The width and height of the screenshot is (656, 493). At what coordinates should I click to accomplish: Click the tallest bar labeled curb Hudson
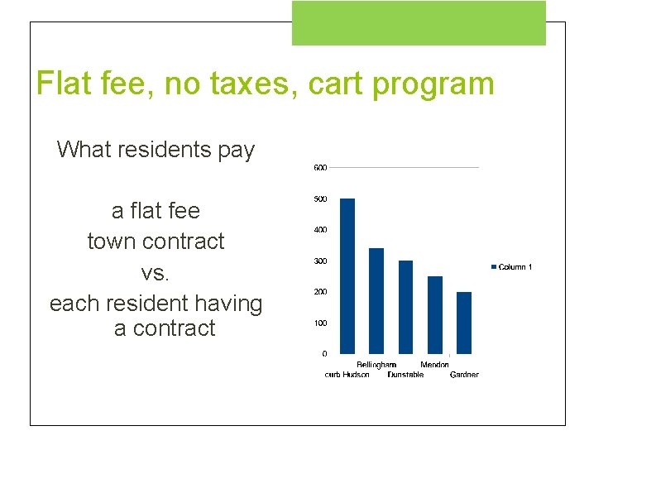click(347, 276)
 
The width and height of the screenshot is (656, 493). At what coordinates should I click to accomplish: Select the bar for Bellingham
click(376, 301)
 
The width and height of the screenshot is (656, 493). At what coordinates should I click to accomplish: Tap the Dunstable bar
click(405, 307)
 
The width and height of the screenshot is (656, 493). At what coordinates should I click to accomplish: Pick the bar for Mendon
click(435, 315)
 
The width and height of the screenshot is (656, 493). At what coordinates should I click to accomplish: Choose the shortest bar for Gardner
click(464, 323)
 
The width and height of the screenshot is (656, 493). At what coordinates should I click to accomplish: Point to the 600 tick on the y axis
click(319, 168)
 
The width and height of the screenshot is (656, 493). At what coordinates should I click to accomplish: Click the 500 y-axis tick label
click(319, 199)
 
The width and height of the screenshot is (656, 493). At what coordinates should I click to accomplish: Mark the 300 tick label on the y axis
click(319, 261)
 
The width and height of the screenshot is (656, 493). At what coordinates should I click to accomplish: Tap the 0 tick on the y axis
click(323, 354)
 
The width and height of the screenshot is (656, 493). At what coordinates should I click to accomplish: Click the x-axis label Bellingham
click(376, 365)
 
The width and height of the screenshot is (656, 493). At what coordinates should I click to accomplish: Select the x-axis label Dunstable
click(405, 375)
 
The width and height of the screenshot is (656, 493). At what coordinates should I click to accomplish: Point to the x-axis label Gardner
click(464, 375)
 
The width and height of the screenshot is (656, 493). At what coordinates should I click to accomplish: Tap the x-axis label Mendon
click(435, 365)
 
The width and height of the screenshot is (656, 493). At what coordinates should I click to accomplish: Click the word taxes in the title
click(246, 84)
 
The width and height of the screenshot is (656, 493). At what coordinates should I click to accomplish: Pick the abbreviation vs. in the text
click(156, 272)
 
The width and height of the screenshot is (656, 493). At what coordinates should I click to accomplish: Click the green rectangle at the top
click(419, 23)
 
